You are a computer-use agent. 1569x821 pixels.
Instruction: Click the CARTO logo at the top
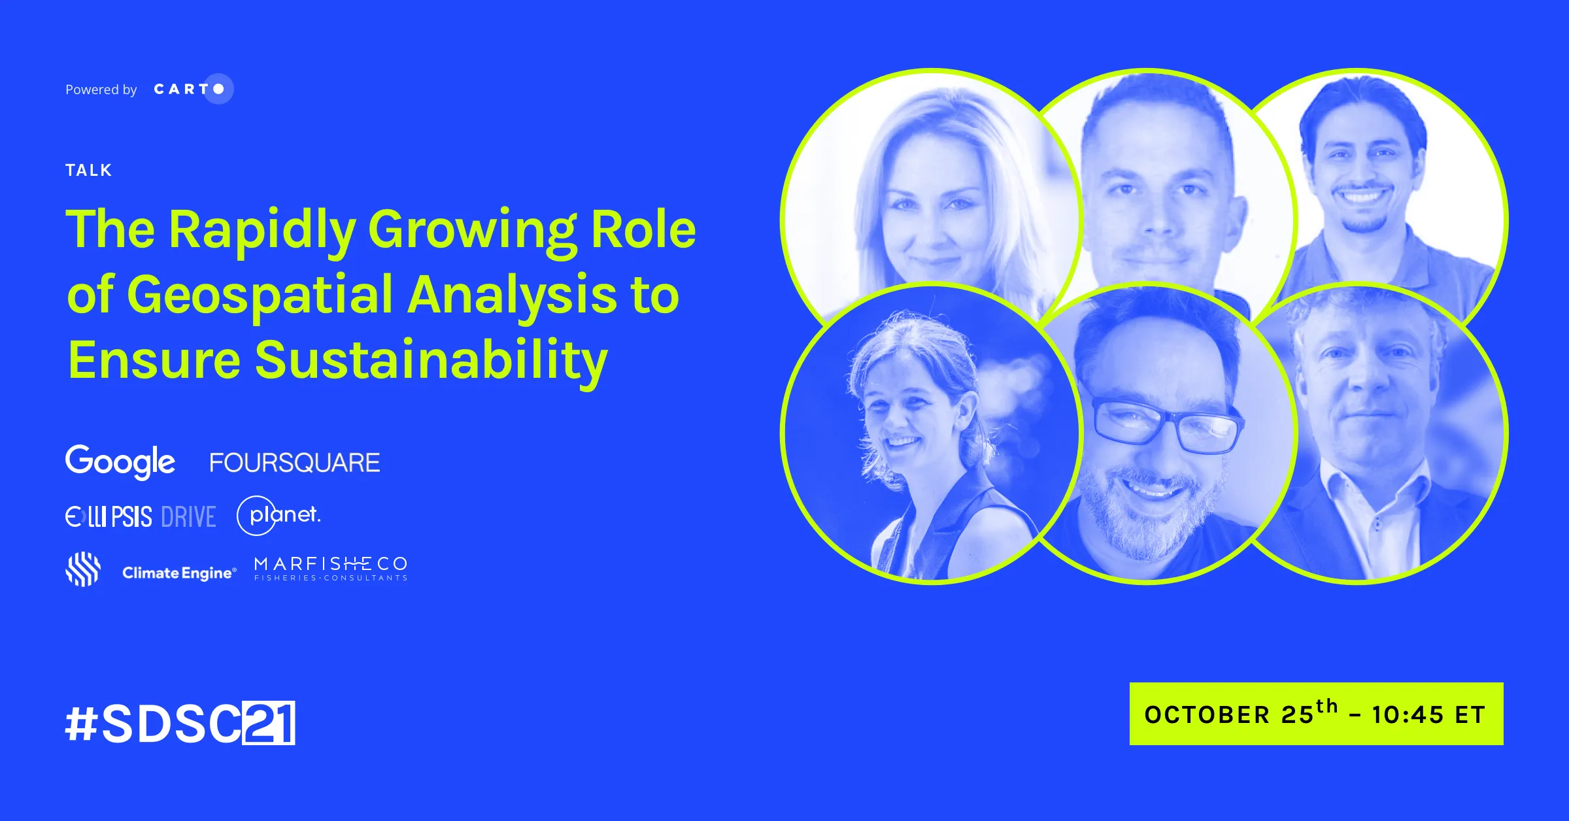194,89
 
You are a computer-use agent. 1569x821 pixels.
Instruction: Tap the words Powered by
101,90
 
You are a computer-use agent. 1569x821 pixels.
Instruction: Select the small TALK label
89,171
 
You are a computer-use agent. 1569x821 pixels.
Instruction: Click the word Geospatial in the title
260,295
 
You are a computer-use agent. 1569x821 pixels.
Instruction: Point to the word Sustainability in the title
431,361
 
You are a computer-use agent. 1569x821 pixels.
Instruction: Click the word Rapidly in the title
262,230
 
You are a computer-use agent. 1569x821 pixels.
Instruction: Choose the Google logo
120,462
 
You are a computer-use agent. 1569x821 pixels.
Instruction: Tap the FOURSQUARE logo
295,463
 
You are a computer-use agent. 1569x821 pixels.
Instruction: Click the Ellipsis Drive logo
141,517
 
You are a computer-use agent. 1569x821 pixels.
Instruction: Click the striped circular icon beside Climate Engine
83,569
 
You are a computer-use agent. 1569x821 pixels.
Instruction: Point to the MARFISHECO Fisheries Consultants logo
331,569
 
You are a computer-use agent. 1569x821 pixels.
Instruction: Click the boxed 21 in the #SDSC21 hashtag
269,723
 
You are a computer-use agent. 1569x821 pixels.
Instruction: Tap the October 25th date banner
1317,714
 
